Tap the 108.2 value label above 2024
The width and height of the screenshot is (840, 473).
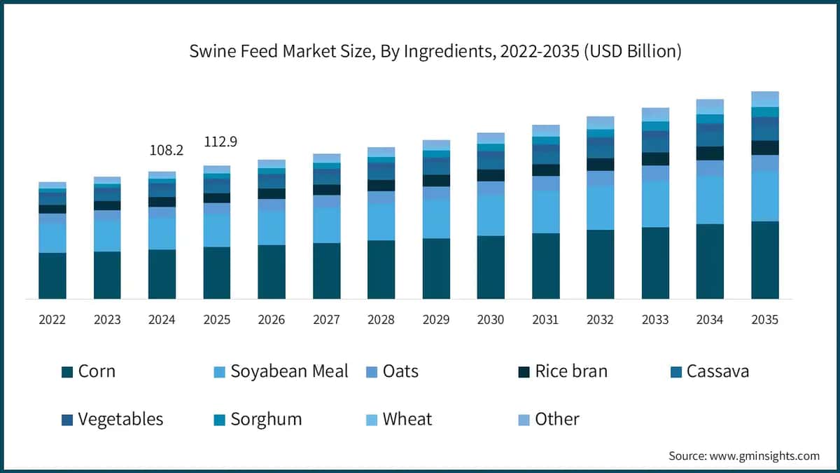click(x=167, y=151)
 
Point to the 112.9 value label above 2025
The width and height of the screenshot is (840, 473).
click(x=220, y=142)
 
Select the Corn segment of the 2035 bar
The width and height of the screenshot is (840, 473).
click(x=764, y=260)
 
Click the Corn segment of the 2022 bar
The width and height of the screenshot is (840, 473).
click(x=52, y=275)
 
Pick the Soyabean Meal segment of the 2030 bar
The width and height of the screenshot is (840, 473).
click(x=490, y=215)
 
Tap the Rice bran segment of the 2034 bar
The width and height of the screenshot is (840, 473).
click(x=710, y=153)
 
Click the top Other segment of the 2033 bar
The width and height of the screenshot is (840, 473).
click(x=655, y=114)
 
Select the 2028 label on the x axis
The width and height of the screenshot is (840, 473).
click(x=381, y=320)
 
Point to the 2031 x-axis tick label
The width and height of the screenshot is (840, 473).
click(x=545, y=320)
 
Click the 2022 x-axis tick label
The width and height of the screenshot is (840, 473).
click(x=52, y=320)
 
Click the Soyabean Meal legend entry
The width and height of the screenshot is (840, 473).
click(x=281, y=371)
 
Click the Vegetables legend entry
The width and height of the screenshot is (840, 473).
click(x=112, y=419)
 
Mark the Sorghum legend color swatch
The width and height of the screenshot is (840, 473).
click(x=219, y=420)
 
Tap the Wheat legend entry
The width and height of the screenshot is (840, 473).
click(x=398, y=419)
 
